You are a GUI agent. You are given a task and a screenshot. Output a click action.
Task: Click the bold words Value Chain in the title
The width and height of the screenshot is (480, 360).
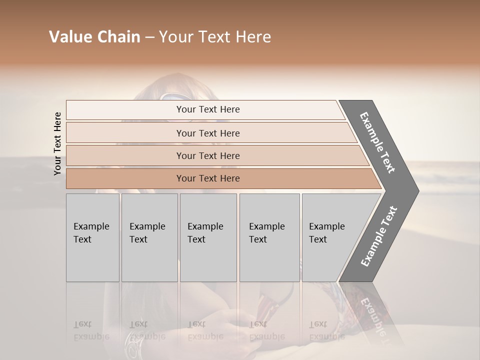tap(94, 37)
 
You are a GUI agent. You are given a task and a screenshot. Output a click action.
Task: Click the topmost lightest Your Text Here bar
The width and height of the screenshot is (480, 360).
tap(207, 109)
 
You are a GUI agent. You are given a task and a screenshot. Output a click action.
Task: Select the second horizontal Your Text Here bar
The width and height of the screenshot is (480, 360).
tap(207, 133)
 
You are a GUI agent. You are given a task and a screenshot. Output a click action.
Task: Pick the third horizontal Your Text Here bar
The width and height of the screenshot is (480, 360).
tap(207, 155)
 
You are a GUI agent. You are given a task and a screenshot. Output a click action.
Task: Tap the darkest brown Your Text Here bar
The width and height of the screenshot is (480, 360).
tap(207, 178)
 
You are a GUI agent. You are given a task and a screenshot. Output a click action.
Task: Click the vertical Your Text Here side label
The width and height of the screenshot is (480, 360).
tap(57, 143)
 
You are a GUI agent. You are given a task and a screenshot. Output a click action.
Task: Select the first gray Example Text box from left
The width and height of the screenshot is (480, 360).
tap(92, 237)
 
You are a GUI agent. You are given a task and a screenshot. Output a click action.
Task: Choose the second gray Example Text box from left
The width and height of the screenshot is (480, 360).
tap(149, 237)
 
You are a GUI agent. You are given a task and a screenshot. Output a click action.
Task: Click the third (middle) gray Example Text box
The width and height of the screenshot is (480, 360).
tap(208, 237)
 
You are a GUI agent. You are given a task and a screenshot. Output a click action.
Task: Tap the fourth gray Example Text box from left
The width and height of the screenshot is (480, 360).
tap(269, 237)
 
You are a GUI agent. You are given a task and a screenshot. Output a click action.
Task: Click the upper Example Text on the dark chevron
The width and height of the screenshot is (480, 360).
tap(377, 143)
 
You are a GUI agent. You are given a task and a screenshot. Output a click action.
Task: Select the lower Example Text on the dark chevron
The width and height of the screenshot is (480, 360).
tap(379, 236)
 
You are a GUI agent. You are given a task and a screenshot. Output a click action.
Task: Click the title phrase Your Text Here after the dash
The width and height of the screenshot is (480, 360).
tap(215, 37)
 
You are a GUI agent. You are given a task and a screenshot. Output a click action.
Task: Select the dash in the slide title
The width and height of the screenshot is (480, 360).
tap(149, 37)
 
